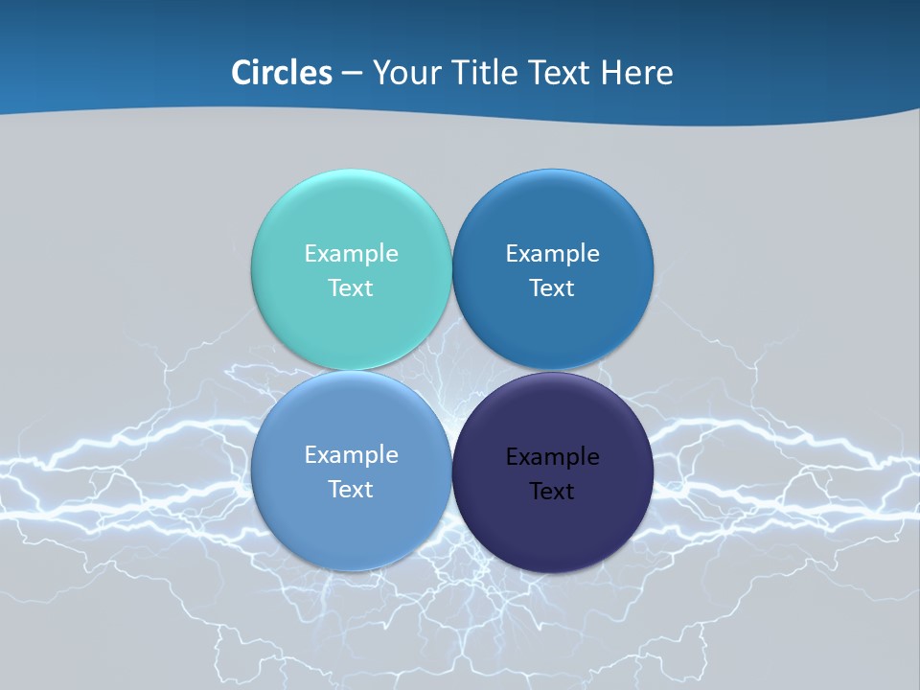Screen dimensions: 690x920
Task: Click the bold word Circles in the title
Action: [x=282, y=73]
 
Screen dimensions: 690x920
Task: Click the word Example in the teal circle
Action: [x=351, y=254]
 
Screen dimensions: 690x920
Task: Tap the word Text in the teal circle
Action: [x=351, y=288]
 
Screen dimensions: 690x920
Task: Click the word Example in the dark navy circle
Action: [x=552, y=457]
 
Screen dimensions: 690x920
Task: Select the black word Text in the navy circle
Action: [x=552, y=492]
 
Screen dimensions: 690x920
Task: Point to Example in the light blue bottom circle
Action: [x=351, y=455]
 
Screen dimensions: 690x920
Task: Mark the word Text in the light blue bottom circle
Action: [x=351, y=490]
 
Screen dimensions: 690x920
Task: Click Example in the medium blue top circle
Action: [x=552, y=254]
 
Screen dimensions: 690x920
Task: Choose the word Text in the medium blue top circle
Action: [x=552, y=288]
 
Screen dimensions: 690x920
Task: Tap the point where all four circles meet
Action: [x=451, y=370]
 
